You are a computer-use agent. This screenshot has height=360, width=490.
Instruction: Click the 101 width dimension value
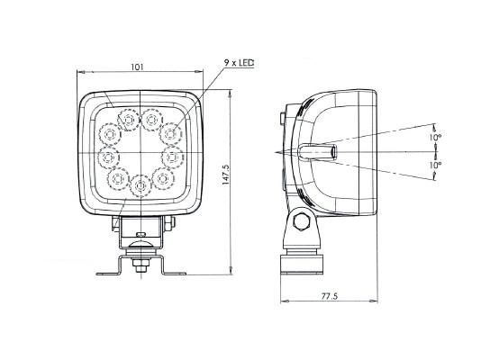[137, 67]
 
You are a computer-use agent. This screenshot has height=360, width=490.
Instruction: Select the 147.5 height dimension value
[226, 175]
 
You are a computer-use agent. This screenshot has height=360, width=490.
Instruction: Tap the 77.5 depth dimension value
[330, 296]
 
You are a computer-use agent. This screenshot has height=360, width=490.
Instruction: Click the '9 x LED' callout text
[239, 63]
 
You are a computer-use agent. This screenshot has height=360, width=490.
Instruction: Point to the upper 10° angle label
[435, 137]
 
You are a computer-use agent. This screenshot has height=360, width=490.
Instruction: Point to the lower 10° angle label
[435, 166]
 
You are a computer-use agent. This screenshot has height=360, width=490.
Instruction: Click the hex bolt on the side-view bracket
[301, 221]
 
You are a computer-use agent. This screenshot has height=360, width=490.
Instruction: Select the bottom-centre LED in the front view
[141, 186]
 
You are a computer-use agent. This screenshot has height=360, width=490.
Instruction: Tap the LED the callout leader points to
[170, 133]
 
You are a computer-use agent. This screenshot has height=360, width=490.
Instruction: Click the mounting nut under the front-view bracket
[141, 267]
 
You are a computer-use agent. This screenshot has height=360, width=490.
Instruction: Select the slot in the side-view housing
[317, 152]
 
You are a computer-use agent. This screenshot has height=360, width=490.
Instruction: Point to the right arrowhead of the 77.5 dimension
[374, 301]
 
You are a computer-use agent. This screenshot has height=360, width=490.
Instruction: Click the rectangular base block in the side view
[301, 264]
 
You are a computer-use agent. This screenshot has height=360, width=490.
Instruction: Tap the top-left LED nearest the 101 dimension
[129, 120]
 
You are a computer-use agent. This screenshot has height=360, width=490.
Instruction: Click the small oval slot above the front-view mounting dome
[141, 233]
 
